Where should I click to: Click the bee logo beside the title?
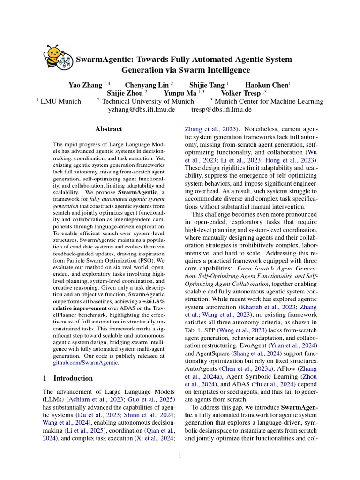[58, 58]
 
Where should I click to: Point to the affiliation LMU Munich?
[61, 101]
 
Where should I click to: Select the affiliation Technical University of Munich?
[145, 101]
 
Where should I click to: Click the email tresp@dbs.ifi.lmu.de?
[221, 109]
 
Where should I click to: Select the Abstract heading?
[109, 129]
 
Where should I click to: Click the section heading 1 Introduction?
[67, 378]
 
